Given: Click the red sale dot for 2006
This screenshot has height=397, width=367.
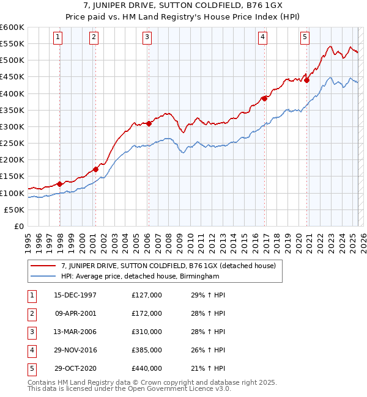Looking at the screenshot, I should coord(149,124).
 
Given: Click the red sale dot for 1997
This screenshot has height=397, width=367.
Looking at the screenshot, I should coord(59,184).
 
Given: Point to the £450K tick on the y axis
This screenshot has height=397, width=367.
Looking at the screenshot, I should coord(12,76).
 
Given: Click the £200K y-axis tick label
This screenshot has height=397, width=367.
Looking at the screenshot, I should coord(12,159).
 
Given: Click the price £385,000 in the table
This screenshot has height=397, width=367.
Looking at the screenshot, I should coord(147,350).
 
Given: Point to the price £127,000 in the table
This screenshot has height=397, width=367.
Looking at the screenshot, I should coord(147,295).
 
